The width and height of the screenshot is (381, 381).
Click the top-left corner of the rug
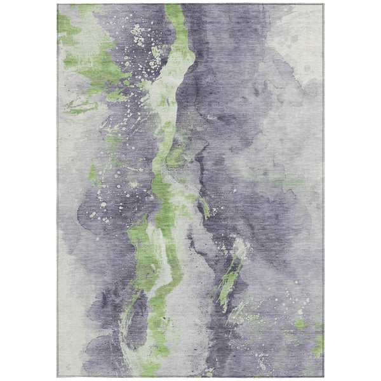pos(58,5)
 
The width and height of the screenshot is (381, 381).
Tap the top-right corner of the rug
pos(323,5)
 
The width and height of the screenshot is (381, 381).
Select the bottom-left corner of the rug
pos(58,376)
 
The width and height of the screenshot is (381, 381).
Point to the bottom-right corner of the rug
pos(323,376)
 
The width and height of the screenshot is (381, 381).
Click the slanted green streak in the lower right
pos(227,279)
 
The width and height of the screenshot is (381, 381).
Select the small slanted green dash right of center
pos(204,206)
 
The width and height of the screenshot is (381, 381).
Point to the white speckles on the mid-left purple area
pos(105,203)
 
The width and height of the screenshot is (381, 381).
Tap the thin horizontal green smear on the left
pos(83,108)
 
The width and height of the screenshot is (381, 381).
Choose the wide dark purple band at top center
pos(222,63)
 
